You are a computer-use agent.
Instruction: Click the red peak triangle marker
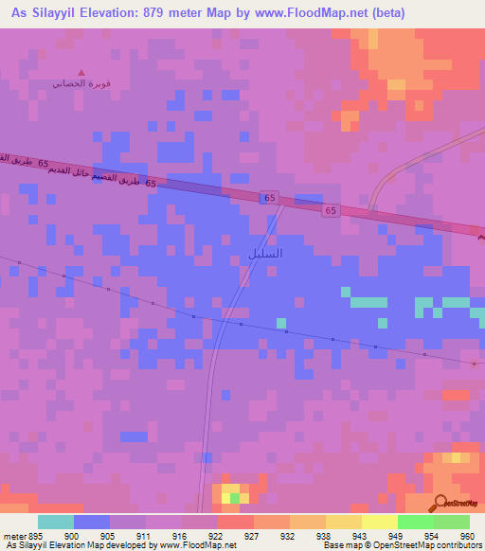(81, 72)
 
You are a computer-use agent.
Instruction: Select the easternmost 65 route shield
(329, 209)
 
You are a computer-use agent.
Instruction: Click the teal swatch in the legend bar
(55, 522)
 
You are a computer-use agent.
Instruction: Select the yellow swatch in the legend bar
(379, 522)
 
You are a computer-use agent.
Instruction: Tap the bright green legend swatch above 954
(415, 522)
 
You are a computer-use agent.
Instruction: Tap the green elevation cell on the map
(235, 497)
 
